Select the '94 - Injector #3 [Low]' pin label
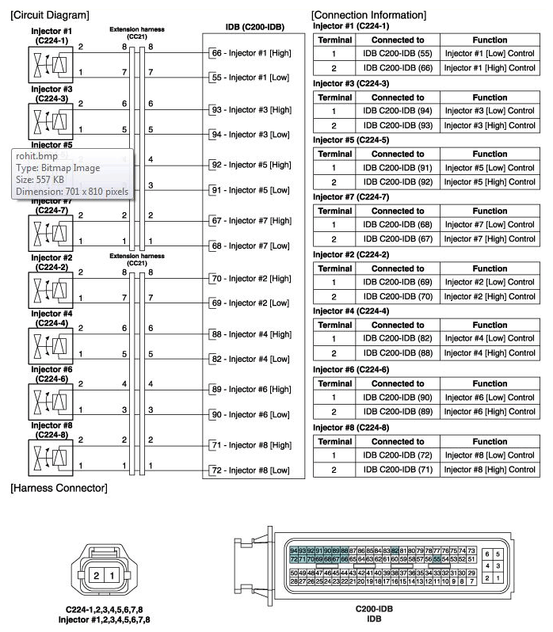pos(250,134)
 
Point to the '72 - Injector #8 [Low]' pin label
pos(250,470)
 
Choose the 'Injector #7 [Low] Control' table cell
pos(490,225)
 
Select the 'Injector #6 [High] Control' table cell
pos(490,410)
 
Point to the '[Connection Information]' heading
pos(368,15)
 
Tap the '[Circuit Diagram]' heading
pos(49,15)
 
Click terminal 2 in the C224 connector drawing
pos(97,574)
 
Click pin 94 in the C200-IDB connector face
pos(294,550)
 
